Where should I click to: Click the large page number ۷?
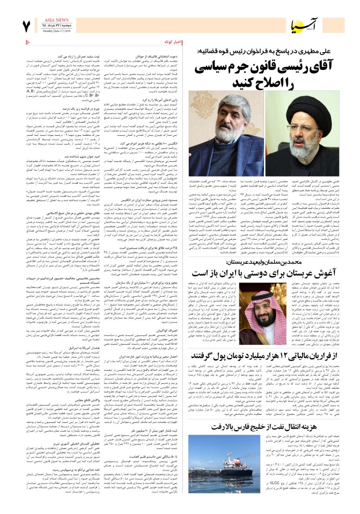(27, 26)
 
